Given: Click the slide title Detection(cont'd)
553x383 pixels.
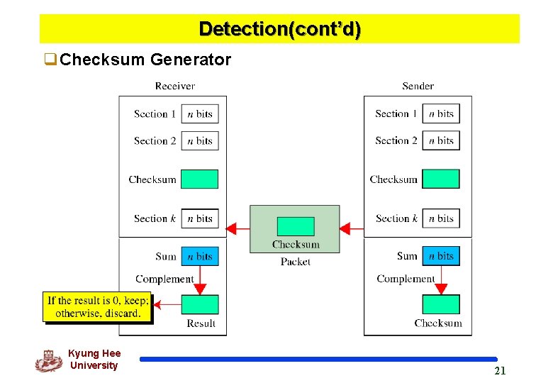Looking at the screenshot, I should (x=279, y=29).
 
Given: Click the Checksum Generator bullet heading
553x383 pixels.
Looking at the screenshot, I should (x=145, y=60).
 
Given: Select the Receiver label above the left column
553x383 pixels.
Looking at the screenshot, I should (x=174, y=86).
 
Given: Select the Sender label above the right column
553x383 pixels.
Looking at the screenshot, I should (x=418, y=86).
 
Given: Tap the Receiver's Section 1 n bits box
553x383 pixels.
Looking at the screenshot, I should (x=200, y=113).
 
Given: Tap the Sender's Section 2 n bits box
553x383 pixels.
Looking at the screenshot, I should (x=441, y=140).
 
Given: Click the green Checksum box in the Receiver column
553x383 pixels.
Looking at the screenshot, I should (x=199, y=179).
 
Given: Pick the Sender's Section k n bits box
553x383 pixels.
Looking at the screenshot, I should (x=441, y=218).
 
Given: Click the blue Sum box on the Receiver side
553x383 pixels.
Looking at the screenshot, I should (x=200, y=256).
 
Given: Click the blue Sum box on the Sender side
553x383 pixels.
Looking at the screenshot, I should (x=441, y=256).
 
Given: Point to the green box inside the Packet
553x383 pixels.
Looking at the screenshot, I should (x=295, y=226).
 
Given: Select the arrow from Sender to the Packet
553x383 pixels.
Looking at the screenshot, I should (x=351, y=228).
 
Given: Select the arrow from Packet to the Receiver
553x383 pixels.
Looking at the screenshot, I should (x=238, y=228).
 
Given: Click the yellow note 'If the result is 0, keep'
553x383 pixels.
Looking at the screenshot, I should (x=98, y=306).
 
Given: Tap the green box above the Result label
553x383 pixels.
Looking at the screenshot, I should (x=200, y=304).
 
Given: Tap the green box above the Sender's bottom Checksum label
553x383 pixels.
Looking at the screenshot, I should (x=441, y=304).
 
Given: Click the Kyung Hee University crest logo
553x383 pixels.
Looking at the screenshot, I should (x=48, y=360).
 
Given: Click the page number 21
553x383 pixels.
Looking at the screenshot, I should (x=500, y=371).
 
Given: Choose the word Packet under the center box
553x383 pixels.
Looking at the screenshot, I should (x=295, y=262).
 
